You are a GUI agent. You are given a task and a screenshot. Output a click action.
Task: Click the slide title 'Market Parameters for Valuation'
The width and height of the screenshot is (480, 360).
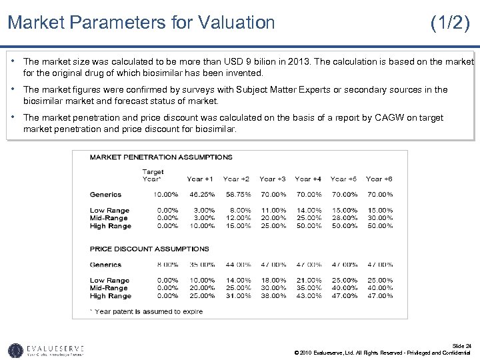pyautogui.click(x=141, y=23)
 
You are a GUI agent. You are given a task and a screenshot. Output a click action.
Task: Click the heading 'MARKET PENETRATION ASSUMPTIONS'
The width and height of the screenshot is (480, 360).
pyautogui.click(x=161, y=157)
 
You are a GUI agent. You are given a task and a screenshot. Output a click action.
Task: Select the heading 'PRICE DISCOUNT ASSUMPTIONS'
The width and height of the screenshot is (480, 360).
pyautogui.click(x=150, y=249)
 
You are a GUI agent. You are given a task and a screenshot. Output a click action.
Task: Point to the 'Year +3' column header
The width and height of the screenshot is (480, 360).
pyautogui.click(x=272, y=179)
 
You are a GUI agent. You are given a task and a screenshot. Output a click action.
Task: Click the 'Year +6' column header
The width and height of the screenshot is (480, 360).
pyautogui.click(x=379, y=179)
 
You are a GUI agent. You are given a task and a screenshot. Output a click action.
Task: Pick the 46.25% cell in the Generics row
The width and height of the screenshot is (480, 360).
pyautogui.click(x=201, y=195)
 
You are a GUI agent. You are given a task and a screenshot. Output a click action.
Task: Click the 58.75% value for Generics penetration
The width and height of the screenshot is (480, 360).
pyautogui.click(x=236, y=195)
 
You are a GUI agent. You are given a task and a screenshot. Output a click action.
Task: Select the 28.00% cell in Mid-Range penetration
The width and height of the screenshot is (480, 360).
pyautogui.click(x=343, y=218)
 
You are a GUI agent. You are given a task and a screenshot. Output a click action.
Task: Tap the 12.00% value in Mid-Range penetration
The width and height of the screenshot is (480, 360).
pyautogui.click(x=236, y=218)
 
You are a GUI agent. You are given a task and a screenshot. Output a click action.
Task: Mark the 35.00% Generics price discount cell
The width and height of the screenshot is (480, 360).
pyautogui.click(x=201, y=265)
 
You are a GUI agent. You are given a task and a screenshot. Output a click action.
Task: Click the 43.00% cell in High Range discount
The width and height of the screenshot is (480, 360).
pyautogui.click(x=308, y=295)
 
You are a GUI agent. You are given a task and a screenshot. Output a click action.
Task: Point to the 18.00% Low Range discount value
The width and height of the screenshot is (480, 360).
pyautogui.click(x=272, y=280)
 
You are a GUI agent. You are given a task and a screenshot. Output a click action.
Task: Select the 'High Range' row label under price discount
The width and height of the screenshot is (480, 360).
pyautogui.click(x=110, y=295)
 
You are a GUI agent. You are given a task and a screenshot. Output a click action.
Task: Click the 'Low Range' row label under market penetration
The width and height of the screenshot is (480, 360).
pyautogui.click(x=109, y=210)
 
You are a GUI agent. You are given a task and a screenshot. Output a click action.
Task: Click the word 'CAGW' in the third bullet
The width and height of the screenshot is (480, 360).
pyautogui.click(x=385, y=117)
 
